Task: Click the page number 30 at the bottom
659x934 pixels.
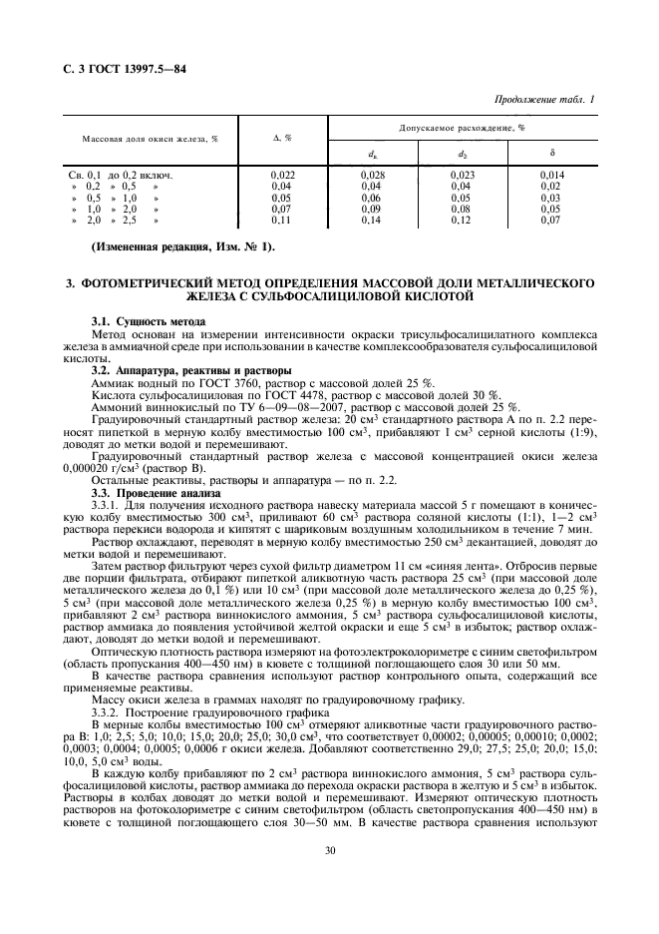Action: [329, 879]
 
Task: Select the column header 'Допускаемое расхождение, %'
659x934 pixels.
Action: [462, 129]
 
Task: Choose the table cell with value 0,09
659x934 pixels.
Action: [370, 209]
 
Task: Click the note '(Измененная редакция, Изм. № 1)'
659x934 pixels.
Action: [182, 246]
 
